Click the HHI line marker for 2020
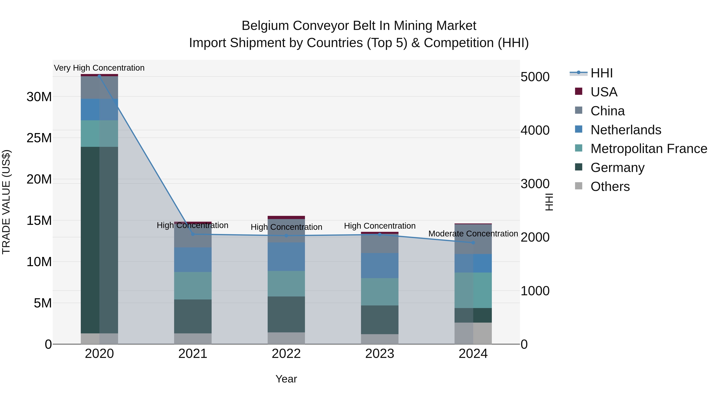pos(100,76)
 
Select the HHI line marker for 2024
pos(473,243)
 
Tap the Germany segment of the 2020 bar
pos(100,240)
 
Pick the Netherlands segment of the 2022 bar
pos(286,257)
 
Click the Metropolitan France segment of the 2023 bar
pos(380,292)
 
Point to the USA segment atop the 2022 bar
pos(286,217)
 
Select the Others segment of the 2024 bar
pos(473,333)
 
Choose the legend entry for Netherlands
pos(625,130)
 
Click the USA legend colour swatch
pos(579,91)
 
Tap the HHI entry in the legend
pos(602,73)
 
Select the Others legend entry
pos(610,187)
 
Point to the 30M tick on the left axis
pos(39,97)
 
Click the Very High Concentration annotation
pos(99,68)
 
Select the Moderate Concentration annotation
pos(473,234)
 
